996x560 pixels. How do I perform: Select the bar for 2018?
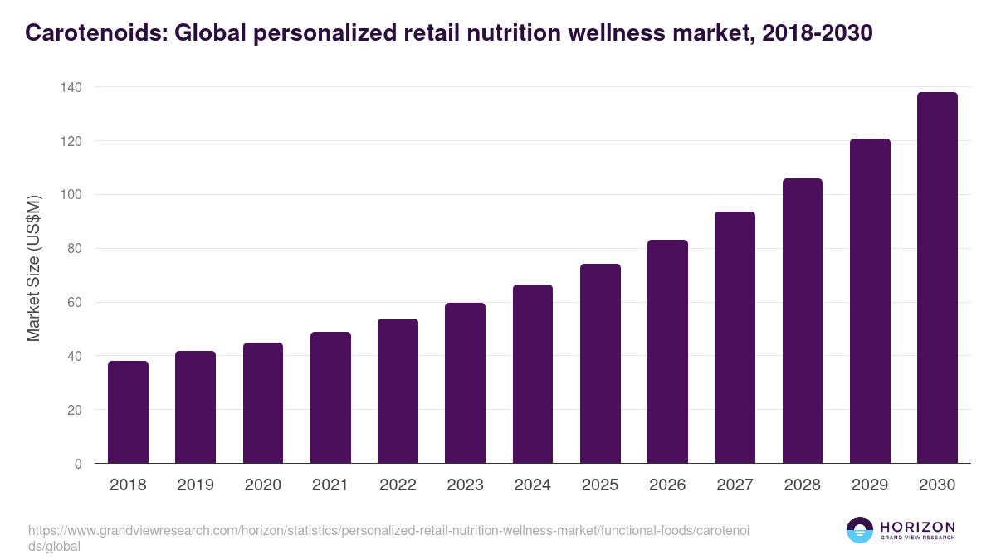click(128, 412)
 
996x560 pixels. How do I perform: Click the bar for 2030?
click(937, 278)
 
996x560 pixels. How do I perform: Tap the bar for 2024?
click(533, 374)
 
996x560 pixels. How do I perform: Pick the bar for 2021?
click(330, 397)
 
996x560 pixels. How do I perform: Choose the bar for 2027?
click(735, 338)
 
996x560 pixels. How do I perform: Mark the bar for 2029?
click(870, 301)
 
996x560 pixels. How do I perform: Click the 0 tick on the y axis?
click(78, 464)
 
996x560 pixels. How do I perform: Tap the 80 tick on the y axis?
click(74, 249)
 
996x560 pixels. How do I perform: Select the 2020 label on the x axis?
click(262, 485)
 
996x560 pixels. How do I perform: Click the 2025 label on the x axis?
click(600, 485)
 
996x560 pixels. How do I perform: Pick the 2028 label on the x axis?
click(803, 485)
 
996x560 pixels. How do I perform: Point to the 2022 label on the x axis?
click(398, 485)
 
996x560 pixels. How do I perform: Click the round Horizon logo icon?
click(860, 530)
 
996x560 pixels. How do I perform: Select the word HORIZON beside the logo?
click(917, 526)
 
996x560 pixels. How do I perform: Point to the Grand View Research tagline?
click(917, 538)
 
